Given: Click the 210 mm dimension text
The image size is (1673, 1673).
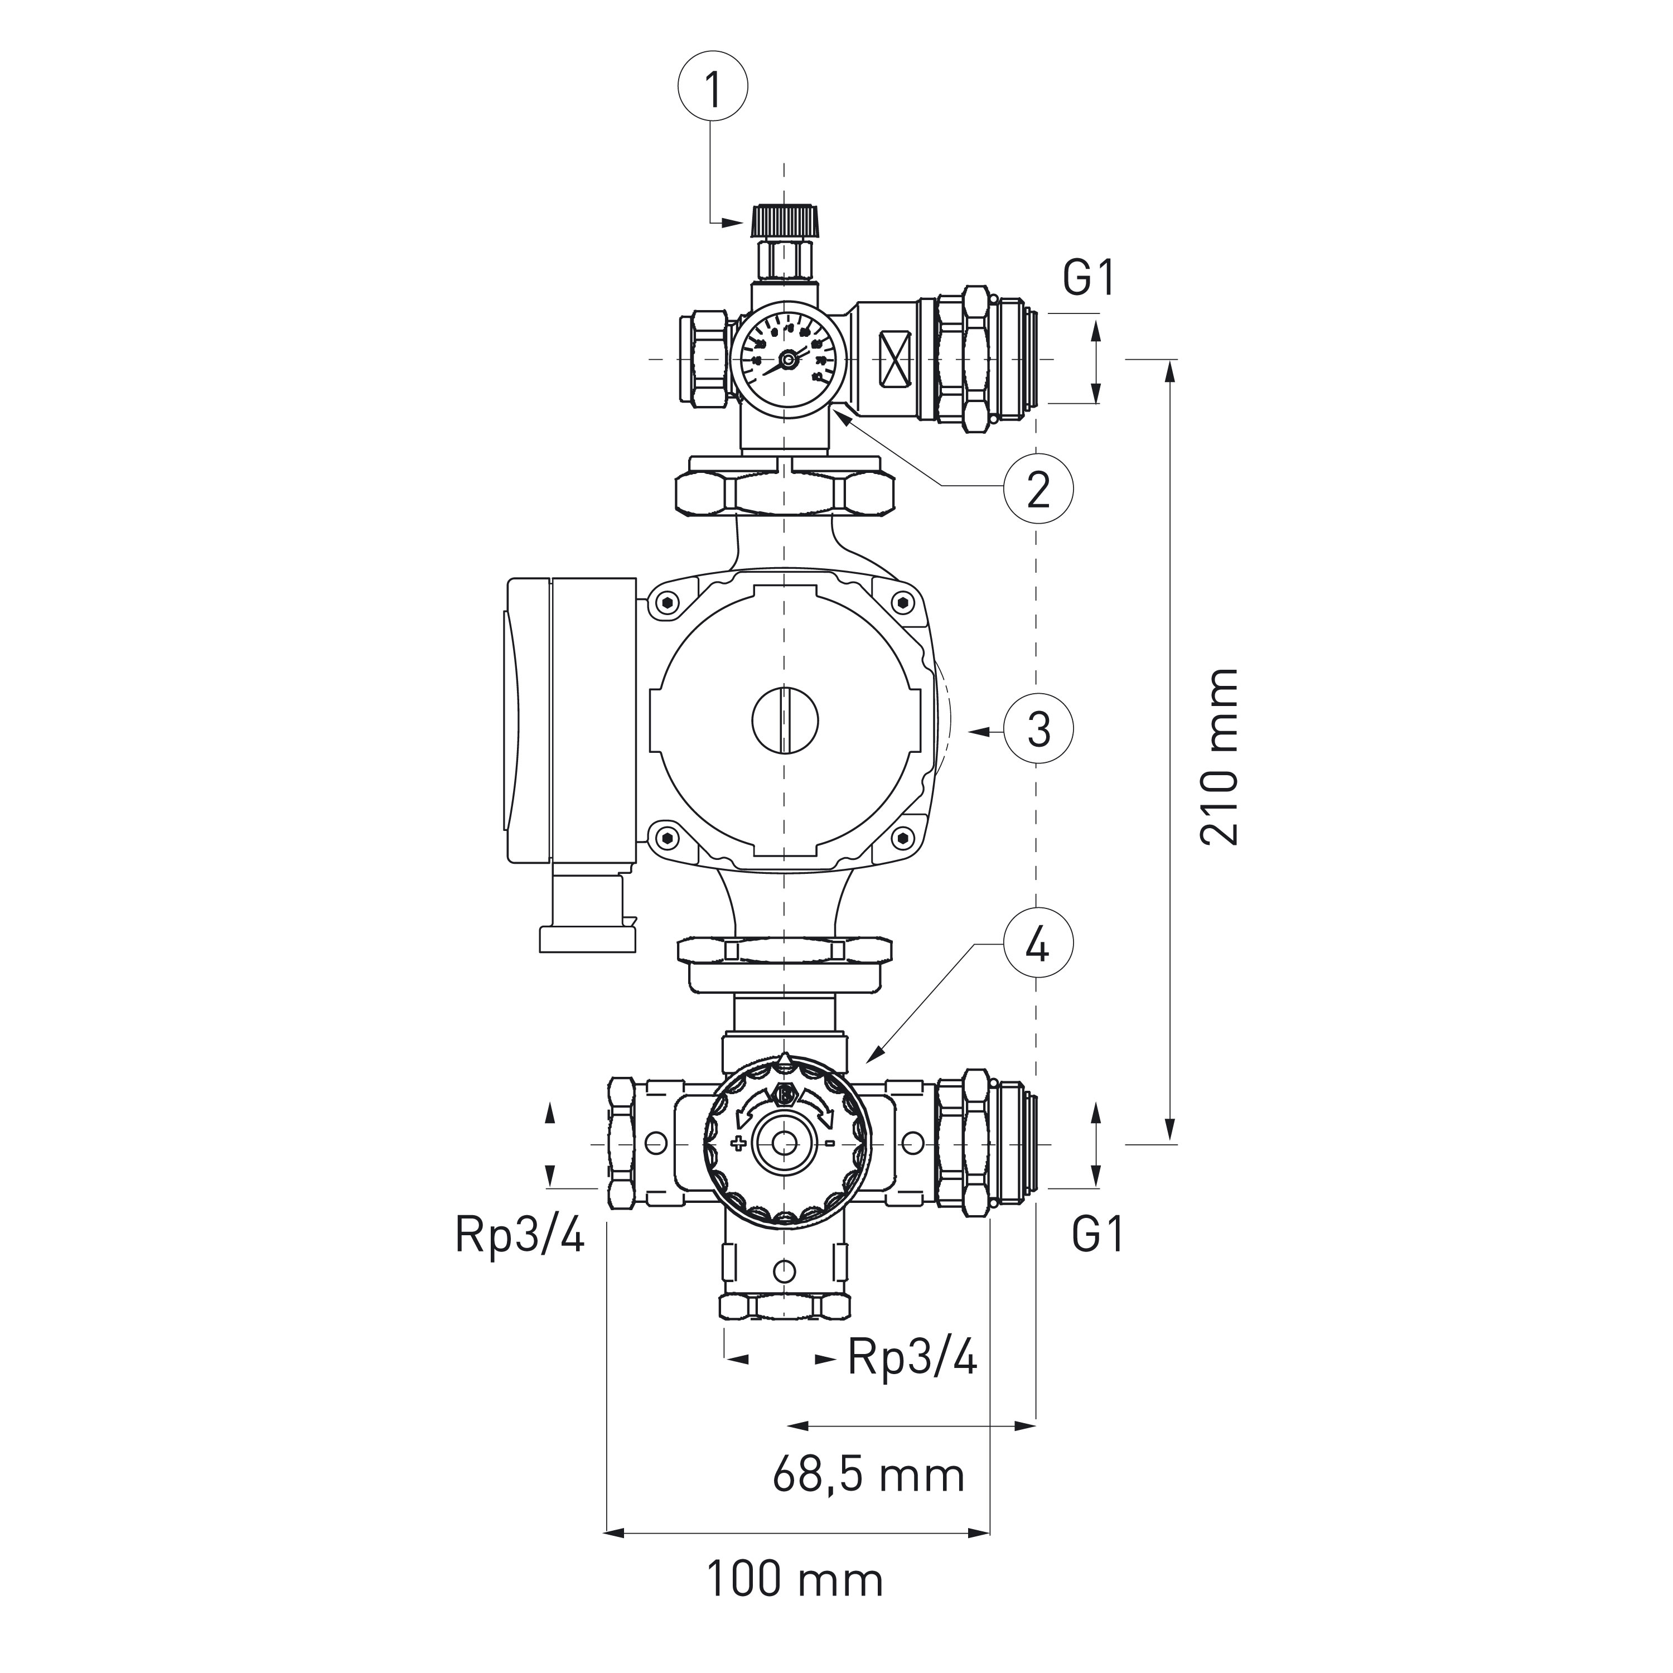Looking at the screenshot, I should (x=1219, y=757).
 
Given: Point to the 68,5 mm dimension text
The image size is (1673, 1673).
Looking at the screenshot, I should (x=868, y=1474).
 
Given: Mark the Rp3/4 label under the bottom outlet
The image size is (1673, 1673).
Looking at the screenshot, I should (x=912, y=1357).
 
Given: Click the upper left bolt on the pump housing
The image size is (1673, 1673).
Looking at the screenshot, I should (x=666, y=603).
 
